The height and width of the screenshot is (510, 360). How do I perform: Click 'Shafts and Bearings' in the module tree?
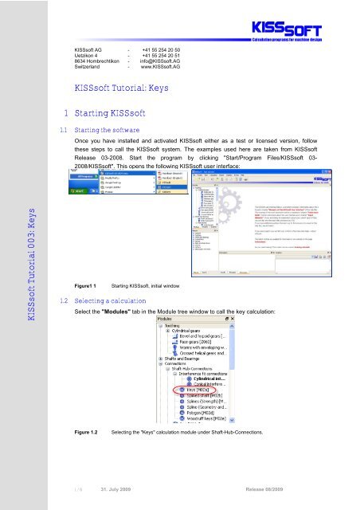point(188,334)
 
